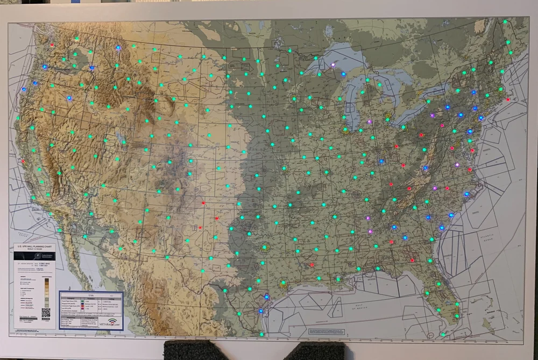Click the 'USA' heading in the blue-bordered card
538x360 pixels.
(90, 295)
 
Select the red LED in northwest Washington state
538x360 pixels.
(52, 45)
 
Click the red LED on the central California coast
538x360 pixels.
(23, 160)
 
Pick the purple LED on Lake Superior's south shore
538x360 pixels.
(333, 65)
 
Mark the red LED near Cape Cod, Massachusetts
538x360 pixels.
(507, 100)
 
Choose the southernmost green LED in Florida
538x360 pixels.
(443, 334)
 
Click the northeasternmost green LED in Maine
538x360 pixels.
(505, 22)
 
